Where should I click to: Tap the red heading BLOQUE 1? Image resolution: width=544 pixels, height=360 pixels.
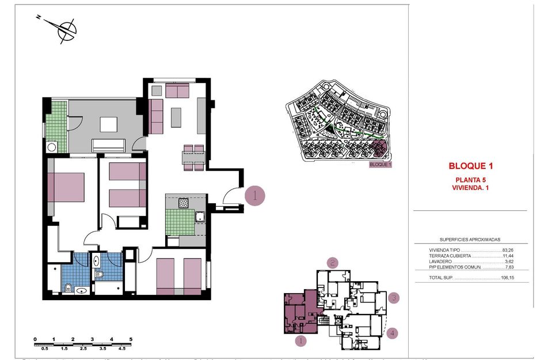pos(471,166)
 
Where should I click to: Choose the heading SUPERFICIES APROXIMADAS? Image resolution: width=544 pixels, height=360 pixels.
pos(470,239)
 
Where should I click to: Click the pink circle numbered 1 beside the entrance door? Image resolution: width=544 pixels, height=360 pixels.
pos(254,196)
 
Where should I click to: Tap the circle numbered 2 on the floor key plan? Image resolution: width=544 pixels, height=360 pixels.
pos(332,263)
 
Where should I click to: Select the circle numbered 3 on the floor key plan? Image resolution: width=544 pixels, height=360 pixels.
pos(394,298)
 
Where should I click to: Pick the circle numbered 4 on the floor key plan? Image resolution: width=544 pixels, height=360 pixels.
pos(393,332)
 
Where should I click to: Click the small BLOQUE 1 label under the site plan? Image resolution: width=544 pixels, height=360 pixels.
pos(380,164)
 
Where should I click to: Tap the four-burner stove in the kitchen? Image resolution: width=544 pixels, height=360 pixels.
pos(184,203)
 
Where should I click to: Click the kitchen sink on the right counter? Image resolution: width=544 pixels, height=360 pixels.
pos(199,217)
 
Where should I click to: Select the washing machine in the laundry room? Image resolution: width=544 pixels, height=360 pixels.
pos(52,146)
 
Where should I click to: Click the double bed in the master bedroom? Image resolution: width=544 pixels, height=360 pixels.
pos(66,187)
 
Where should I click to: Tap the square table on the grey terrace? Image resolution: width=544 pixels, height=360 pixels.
pos(108,125)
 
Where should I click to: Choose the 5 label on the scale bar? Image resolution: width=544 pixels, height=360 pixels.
pos(131,339)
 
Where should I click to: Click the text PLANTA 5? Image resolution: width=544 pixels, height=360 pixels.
pos(471,180)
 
